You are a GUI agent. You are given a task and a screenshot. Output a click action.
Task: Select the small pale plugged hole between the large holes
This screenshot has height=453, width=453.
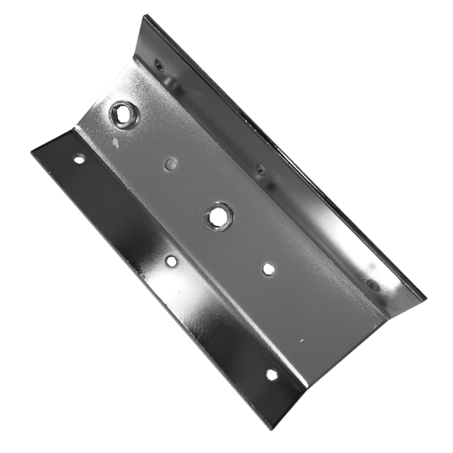coord(171,164)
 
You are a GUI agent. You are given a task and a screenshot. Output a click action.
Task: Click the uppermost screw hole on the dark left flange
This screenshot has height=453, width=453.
coord(79,158)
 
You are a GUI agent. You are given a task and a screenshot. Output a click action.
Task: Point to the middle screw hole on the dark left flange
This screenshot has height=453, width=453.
coord(171,261)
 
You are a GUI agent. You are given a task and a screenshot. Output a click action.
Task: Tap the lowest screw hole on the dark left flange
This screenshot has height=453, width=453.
coord(271,373)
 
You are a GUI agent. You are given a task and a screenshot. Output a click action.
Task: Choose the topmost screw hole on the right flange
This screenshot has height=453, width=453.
coord(158,63)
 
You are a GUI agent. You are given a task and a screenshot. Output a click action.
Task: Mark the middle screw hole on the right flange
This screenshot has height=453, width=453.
coord(260,170)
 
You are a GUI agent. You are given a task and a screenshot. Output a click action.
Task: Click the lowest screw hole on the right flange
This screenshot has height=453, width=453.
coord(371,284)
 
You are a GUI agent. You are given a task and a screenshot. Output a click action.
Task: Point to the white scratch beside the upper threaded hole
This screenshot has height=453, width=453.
coord(113,140)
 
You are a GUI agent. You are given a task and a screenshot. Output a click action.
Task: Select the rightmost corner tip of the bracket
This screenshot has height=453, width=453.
coord(426,299)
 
